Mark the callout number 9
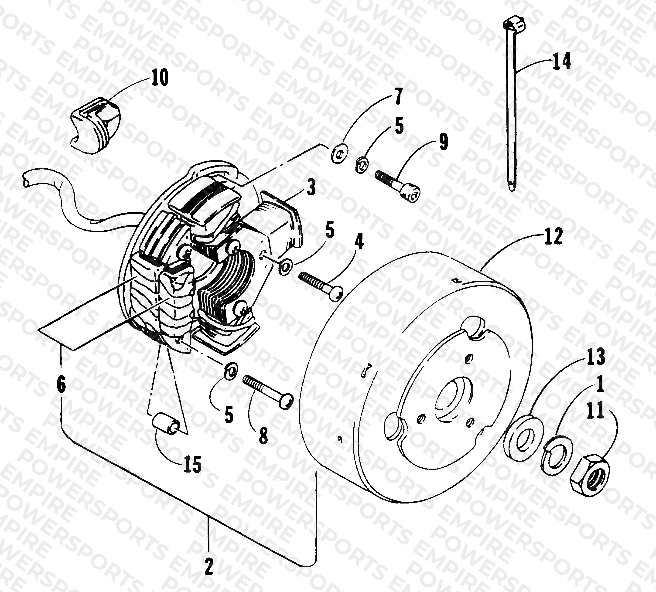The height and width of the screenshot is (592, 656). tap(443, 142)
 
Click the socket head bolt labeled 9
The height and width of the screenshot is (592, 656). tap(398, 187)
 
